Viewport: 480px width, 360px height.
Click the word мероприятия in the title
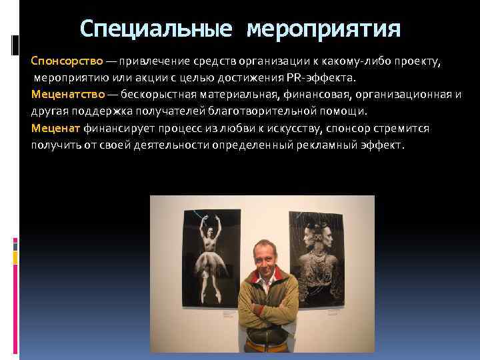click(324, 30)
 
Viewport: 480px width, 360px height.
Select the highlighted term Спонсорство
click(67, 61)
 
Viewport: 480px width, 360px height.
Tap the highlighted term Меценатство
click(67, 94)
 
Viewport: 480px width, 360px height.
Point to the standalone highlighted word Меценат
click(55, 127)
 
